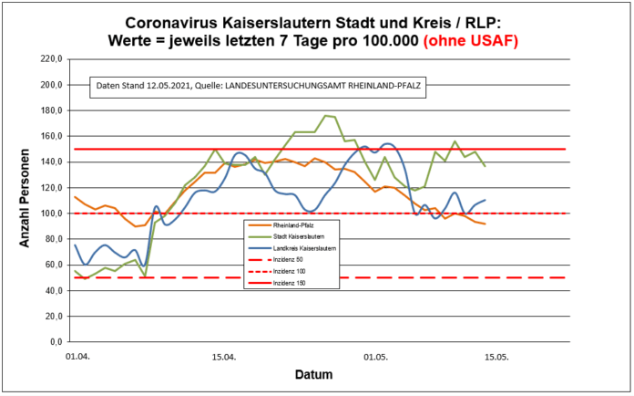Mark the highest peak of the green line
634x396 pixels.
(325, 116)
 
